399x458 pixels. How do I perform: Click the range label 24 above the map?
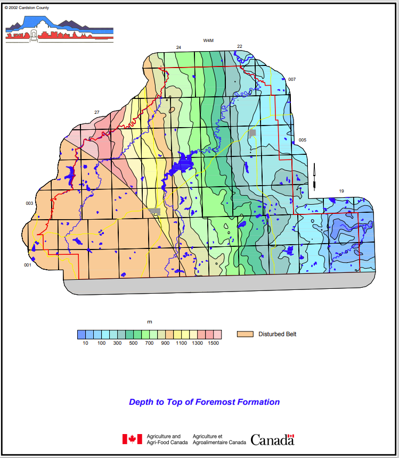pos(178,48)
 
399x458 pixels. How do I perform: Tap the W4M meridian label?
pos(208,41)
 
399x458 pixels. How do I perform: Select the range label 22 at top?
pos(240,47)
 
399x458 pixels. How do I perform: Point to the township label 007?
pos(292,80)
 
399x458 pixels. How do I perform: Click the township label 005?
pos(302,140)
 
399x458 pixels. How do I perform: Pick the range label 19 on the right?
pos(341,190)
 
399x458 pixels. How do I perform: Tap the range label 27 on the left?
pos(96,112)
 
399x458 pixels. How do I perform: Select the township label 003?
pos(29,204)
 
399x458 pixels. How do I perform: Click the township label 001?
pos(28,265)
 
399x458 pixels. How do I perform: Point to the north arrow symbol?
pos(315,178)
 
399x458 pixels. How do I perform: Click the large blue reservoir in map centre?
pos(181,162)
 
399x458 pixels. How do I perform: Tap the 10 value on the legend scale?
pos(85,343)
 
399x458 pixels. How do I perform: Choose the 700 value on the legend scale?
pos(149,343)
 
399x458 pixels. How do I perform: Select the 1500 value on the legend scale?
pos(213,343)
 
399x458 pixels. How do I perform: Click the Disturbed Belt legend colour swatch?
pos(245,334)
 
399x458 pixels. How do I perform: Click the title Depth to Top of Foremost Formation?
pos(204,402)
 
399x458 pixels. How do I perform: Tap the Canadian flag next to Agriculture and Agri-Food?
pos(132,439)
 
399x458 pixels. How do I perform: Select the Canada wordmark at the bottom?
pos(272,439)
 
